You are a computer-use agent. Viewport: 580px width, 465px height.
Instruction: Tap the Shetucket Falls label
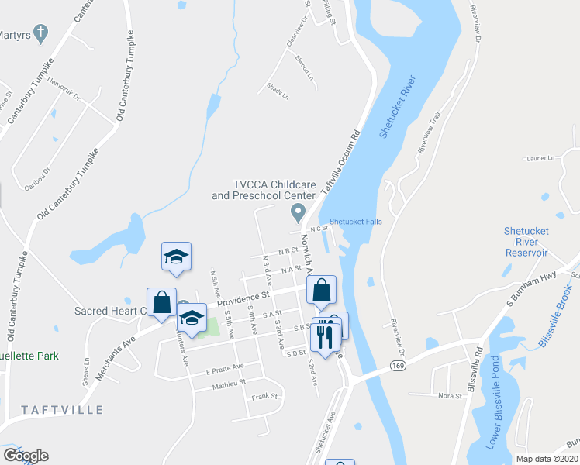[x=356, y=221]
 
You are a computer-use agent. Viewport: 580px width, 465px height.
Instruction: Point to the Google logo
[x=25, y=456]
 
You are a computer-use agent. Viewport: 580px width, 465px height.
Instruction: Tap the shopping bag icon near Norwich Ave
[x=321, y=290]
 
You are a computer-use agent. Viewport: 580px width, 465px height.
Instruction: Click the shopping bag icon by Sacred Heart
[x=161, y=301]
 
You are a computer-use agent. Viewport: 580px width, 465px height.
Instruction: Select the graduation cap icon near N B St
[x=177, y=257]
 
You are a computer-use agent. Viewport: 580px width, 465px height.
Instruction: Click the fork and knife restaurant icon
[x=326, y=334]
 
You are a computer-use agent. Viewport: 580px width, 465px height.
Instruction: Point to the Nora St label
[x=449, y=395]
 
